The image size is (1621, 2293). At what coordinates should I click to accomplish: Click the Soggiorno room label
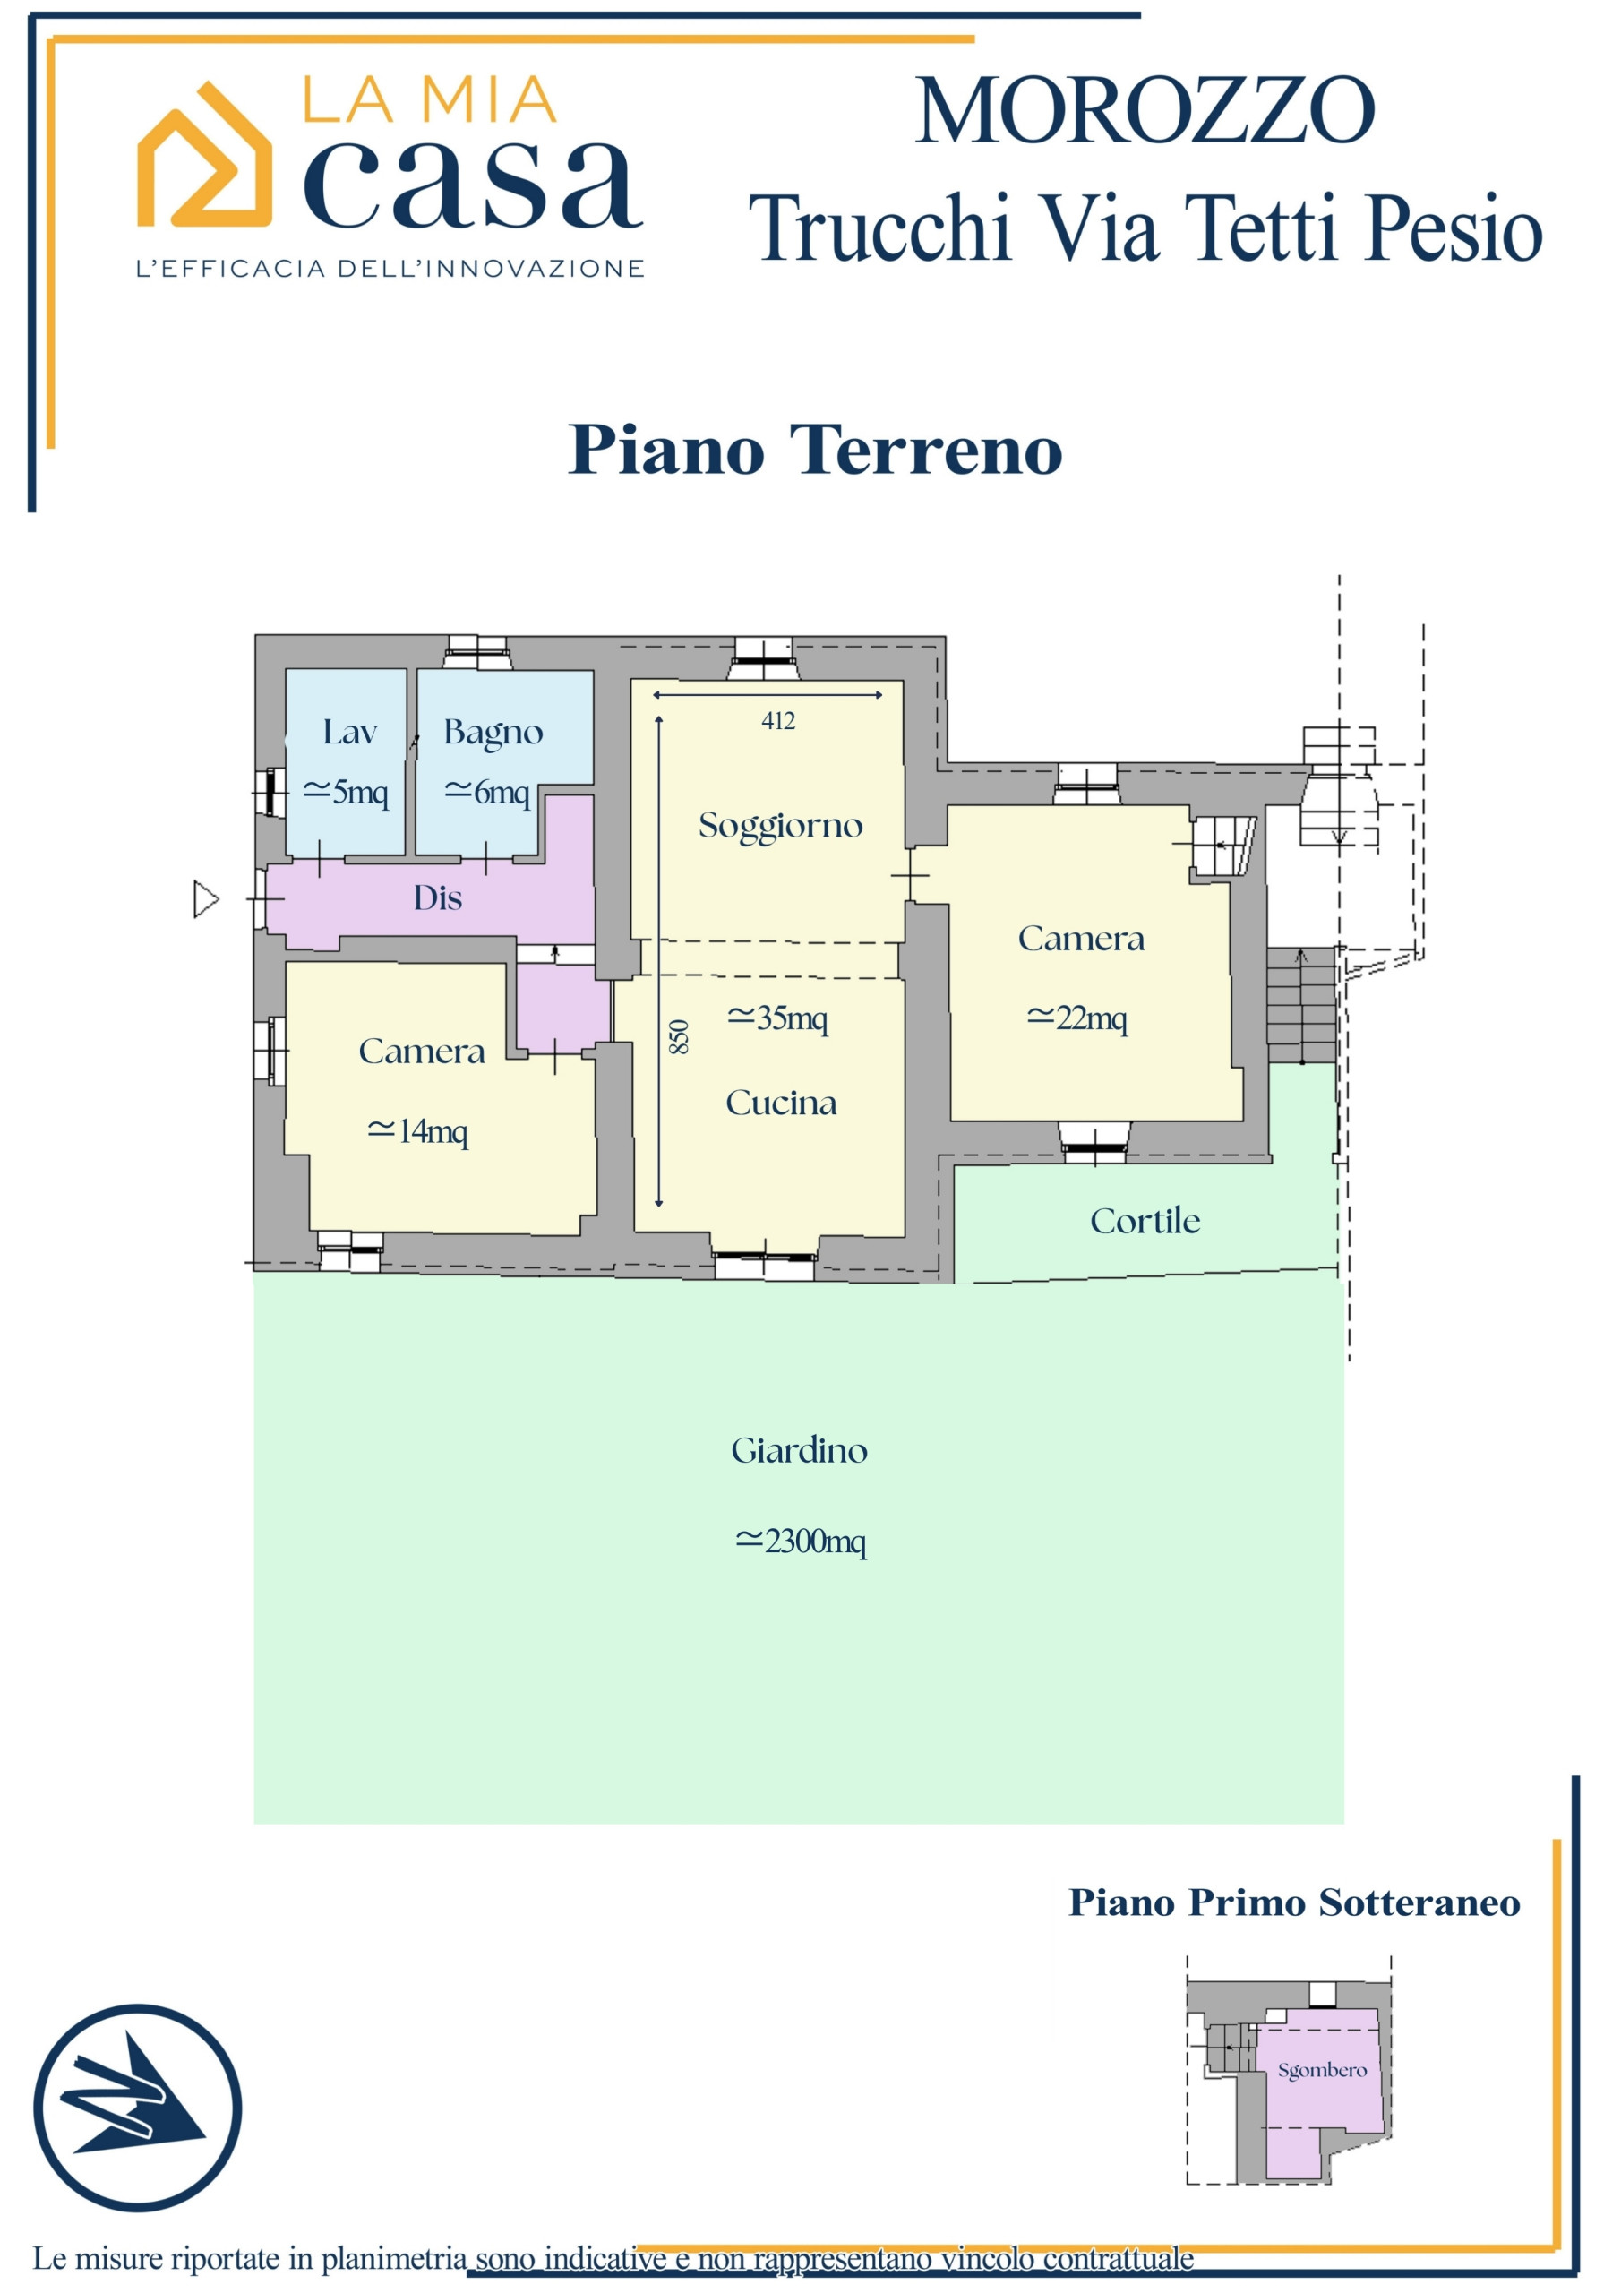tap(780, 827)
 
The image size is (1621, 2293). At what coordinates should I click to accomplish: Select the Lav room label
tap(349, 732)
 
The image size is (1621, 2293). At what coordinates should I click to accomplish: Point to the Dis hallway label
tap(437, 897)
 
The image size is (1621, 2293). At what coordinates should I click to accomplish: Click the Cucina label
tap(781, 1103)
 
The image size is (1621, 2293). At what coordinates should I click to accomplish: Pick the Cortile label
tap(1145, 1221)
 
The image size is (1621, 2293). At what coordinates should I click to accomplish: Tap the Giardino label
tap(799, 1450)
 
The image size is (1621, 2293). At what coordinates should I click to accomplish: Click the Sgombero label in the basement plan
tap(1323, 2070)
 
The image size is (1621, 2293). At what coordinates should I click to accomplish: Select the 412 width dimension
tap(778, 720)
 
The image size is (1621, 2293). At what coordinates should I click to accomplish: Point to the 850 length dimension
tap(678, 1036)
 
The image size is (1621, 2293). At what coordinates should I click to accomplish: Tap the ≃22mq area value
tap(1076, 1018)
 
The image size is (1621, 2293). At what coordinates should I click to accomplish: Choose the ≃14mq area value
tap(417, 1130)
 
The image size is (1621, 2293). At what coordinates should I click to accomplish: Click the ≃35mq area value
tap(777, 1018)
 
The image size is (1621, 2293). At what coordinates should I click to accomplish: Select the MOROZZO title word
tap(1145, 110)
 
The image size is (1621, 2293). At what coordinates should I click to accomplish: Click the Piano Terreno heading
tap(815, 450)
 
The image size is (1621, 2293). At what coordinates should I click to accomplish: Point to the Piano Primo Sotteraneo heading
tap(1294, 1903)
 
